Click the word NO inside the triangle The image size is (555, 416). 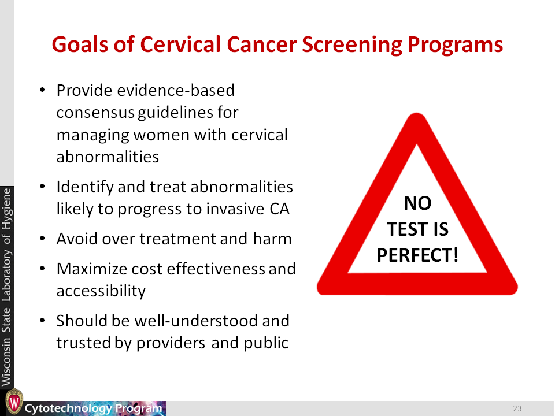(x=417, y=203)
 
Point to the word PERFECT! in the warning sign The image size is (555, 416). (x=417, y=255)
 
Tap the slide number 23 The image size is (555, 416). (x=517, y=408)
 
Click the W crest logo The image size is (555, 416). (x=14, y=402)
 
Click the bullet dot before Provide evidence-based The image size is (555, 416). (x=42, y=90)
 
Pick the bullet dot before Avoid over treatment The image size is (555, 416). (x=42, y=239)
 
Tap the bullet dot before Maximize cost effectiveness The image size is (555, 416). (x=42, y=269)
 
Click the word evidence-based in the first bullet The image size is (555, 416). (x=176, y=90)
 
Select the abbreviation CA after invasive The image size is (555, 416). (x=279, y=209)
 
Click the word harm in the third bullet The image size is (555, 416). (x=272, y=239)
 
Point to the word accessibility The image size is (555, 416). (x=101, y=291)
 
